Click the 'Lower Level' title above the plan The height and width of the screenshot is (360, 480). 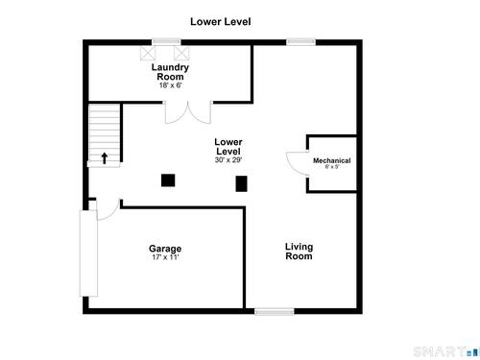pyautogui.click(x=221, y=22)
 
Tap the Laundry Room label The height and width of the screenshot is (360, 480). pyautogui.click(x=170, y=72)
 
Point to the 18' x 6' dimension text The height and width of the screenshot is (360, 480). pyautogui.click(x=171, y=85)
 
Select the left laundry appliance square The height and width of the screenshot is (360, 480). pyautogui.click(x=148, y=53)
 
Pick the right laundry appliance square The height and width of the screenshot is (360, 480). pyautogui.click(x=181, y=53)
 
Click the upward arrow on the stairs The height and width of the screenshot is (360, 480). pyautogui.click(x=105, y=158)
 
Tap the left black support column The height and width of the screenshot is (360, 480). pyautogui.click(x=168, y=180)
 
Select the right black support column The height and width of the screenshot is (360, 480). pyautogui.click(x=242, y=183)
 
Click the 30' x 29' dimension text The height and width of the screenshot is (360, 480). pyautogui.click(x=228, y=160)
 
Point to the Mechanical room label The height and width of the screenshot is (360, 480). pyautogui.click(x=332, y=160)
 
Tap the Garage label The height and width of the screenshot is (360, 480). pyautogui.click(x=165, y=249)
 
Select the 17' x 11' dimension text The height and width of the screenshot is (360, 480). pyautogui.click(x=165, y=257)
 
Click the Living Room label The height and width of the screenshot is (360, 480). pyautogui.click(x=299, y=252)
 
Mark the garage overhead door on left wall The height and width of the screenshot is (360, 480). pyautogui.click(x=88, y=253)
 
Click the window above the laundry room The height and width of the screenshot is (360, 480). pyautogui.click(x=166, y=42)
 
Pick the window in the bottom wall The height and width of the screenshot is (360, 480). pyautogui.click(x=275, y=311)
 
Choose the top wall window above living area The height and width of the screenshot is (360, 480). pyautogui.click(x=300, y=42)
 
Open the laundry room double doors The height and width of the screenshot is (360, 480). pyautogui.click(x=188, y=112)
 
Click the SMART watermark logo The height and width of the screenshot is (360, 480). pyautogui.click(x=446, y=352)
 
